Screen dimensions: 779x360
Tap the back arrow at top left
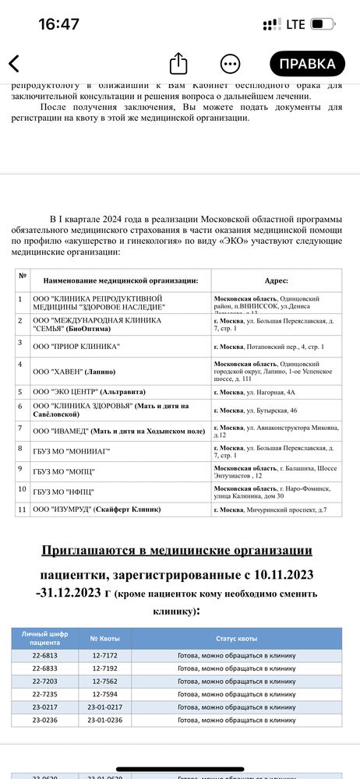click(x=14, y=63)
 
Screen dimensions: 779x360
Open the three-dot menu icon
click(x=230, y=63)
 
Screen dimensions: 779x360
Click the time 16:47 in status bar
click(x=58, y=24)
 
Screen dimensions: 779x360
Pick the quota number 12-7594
click(x=104, y=694)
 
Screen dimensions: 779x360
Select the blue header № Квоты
click(x=104, y=639)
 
